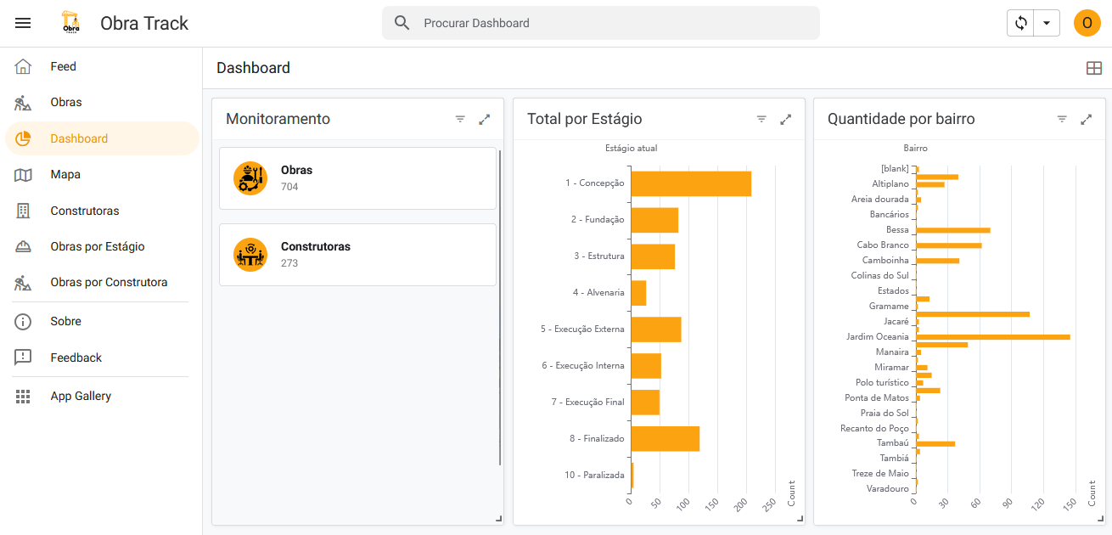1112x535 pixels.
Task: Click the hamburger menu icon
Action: point(23,23)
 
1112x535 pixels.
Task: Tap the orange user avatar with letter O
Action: point(1087,23)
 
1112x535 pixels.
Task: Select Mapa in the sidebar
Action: point(65,174)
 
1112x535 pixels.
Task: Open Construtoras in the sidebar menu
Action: point(84,211)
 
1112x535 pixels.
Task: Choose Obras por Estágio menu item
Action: point(97,246)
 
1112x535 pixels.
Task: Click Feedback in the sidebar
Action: point(76,358)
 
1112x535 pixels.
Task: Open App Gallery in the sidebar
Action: point(81,396)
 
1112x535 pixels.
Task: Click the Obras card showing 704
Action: point(357,178)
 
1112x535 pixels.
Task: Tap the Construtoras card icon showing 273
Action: point(250,255)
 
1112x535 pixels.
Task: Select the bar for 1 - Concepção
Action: point(690,183)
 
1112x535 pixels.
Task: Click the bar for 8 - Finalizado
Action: point(665,438)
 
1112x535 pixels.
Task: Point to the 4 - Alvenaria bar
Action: point(638,293)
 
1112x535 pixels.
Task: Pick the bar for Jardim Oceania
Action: point(992,337)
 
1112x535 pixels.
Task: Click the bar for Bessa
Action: point(952,230)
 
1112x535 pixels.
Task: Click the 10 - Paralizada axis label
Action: point(594,475)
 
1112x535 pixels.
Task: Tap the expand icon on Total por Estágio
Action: point(786,120)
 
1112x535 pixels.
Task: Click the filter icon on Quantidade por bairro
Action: point(1062,120)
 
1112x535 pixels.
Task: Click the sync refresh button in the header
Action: point(1021,23)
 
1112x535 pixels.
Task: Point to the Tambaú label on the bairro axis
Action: point(892,442)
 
